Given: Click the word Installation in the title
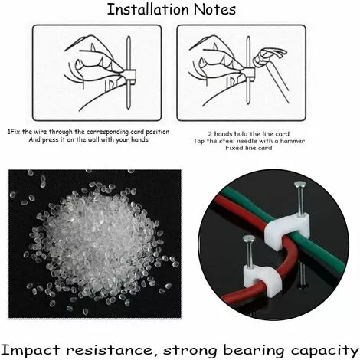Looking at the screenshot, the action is click(148, 9).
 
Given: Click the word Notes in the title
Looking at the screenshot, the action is click(214, 9).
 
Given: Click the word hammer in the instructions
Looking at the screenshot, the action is click(293, 141).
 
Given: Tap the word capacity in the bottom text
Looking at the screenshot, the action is click(324, 351).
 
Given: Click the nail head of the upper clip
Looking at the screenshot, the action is click(300, 185).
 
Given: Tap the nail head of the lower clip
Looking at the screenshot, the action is click(249, 239).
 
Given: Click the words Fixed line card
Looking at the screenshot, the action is click(249, 148).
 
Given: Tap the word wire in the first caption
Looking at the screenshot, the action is click(41, 132).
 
